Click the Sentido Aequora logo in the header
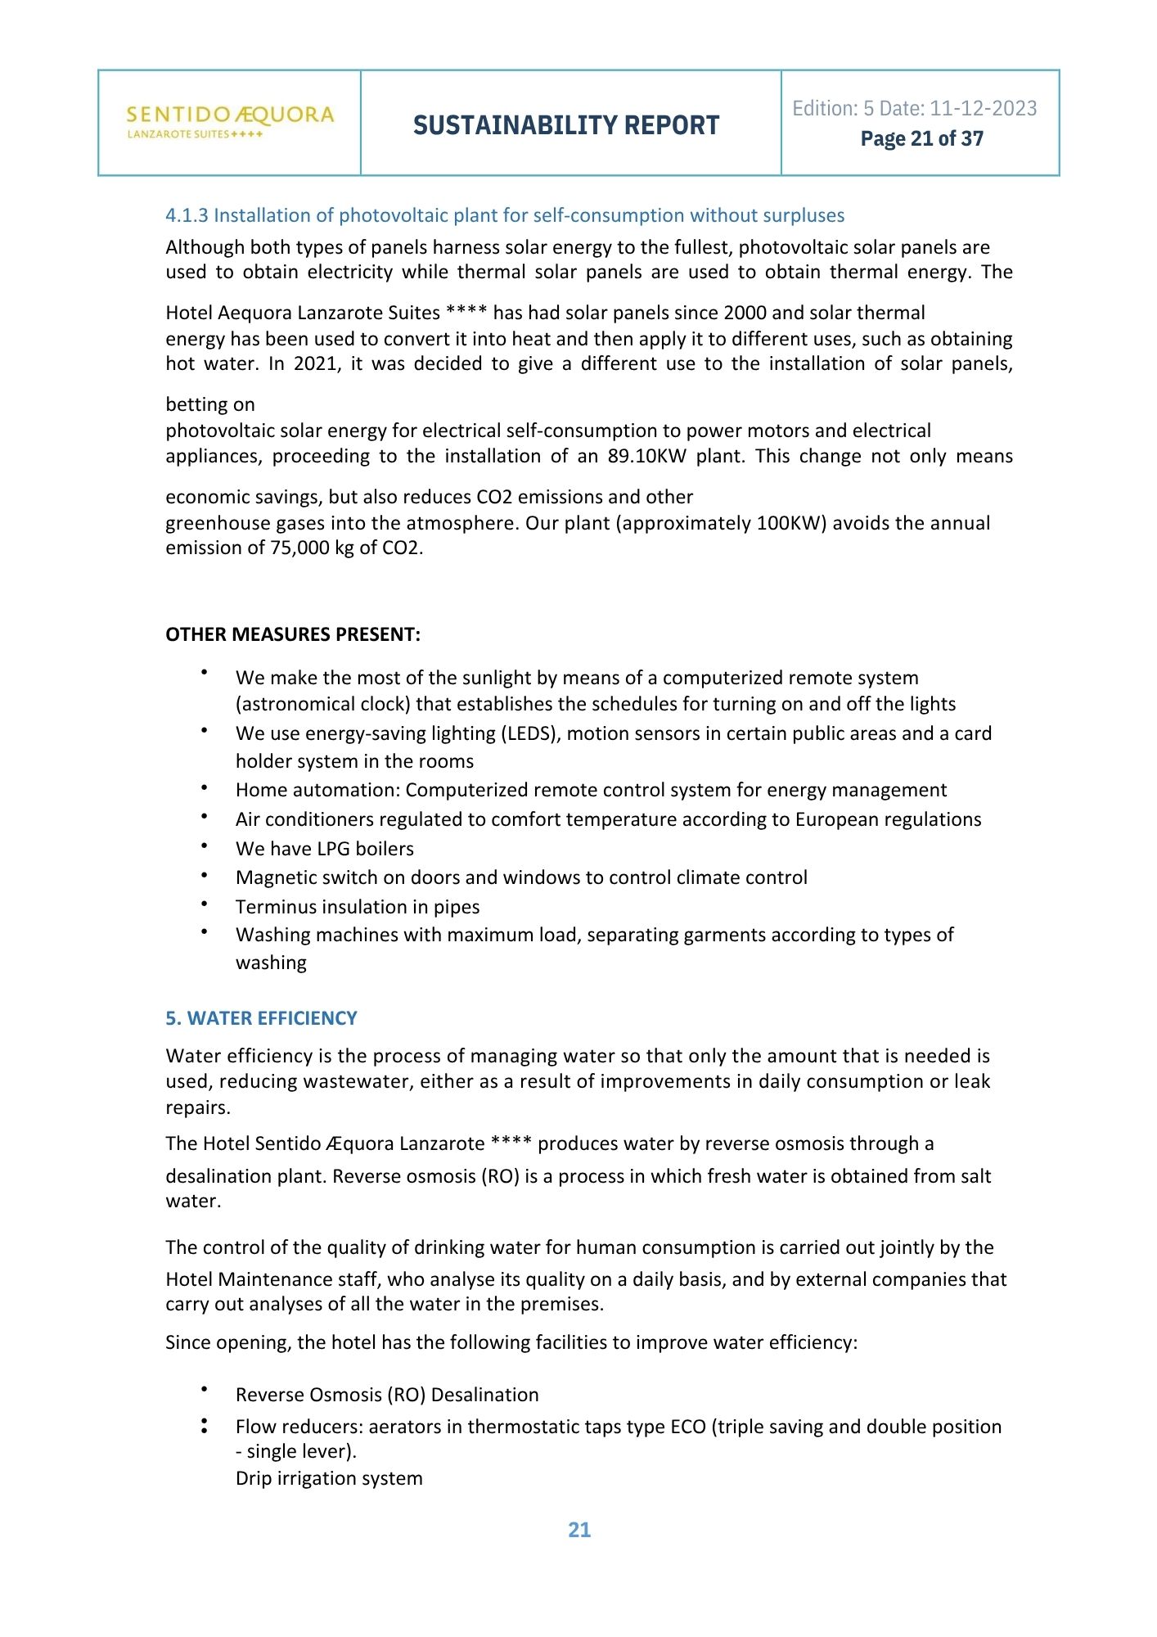click(230, 122)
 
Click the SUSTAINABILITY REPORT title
click(566, 125)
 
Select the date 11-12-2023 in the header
click(984, 108)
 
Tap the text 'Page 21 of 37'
click(921, 139)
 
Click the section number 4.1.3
click(187, 215)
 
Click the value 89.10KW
click(646, 456)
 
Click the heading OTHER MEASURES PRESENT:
click(293, 634)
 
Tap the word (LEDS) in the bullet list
click(529, 733)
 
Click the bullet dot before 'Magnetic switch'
click(204, 875)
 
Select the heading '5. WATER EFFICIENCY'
click(261, 1018)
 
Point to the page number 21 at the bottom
click(579, 1530)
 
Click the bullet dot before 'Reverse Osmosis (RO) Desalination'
click(204, 1390)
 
